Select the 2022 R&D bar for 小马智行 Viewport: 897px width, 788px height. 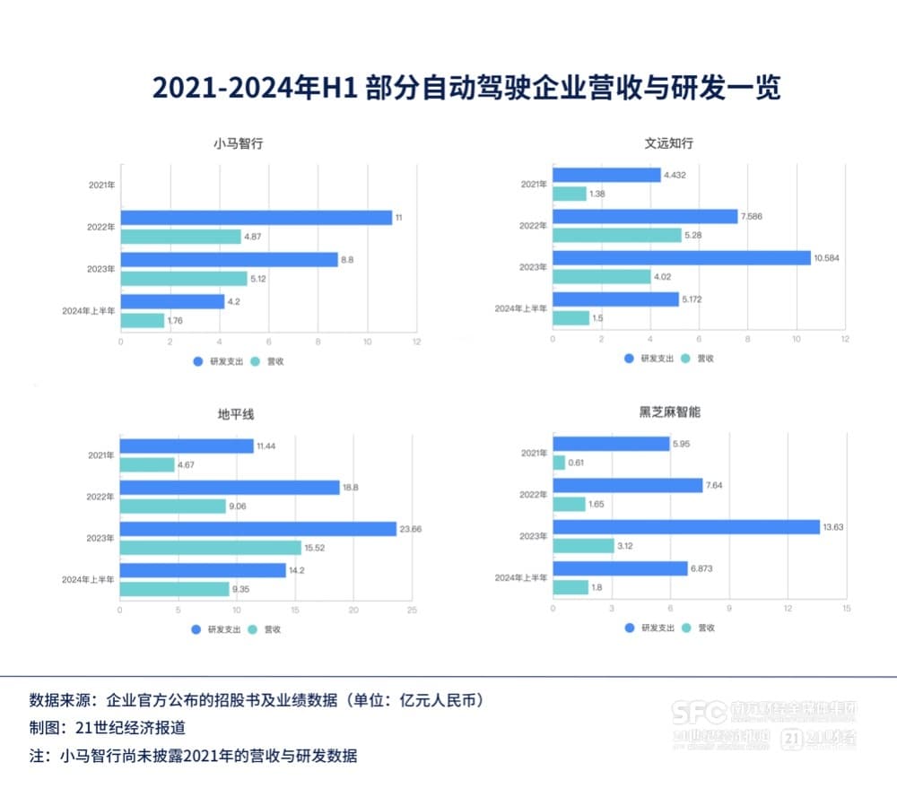[257, 218]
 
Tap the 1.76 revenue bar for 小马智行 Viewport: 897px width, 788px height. [143, 320]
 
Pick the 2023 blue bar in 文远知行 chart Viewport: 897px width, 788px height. [682, 258]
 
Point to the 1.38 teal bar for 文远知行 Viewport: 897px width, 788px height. [570, 194]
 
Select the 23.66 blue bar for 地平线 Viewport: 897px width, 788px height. [258, 529]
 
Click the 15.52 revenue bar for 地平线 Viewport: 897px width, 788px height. [211, 548]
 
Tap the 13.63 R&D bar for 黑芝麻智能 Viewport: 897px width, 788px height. [686, 527]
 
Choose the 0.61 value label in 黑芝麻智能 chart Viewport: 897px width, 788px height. [578, 463]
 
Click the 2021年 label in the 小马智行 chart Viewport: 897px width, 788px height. [101, 186]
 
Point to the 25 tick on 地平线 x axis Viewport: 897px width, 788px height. [412, 610]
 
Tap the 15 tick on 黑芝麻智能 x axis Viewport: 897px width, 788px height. [846, 610]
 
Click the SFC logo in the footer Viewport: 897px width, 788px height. [700, 713]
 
